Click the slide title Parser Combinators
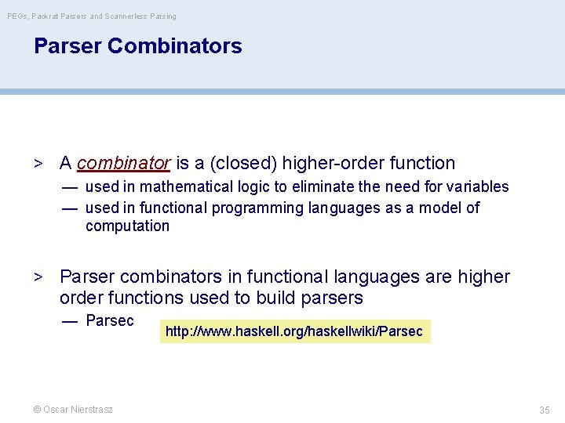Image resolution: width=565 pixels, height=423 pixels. tap(137, 46)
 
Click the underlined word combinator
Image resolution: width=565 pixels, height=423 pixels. tap(124, 164)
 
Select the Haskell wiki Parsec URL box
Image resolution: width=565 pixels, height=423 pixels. tap(294, 331)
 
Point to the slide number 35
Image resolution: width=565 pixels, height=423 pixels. tap(544, 410)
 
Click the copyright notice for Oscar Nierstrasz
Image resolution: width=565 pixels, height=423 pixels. tap(72, 410)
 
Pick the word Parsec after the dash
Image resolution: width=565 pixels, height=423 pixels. tap(110, 320)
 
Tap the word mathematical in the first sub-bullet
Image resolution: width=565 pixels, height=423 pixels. tap(177, 187)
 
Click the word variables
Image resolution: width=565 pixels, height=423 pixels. tap(478, 187)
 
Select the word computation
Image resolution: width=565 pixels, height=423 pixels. tap(127, 226)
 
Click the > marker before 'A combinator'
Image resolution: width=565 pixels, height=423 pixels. tap(37, 164)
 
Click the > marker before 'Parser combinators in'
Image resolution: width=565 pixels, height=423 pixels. tap(37, 277)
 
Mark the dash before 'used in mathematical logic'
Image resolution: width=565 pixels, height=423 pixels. tap(70, 187)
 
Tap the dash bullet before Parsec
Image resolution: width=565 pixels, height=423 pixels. tap(70, 321)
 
